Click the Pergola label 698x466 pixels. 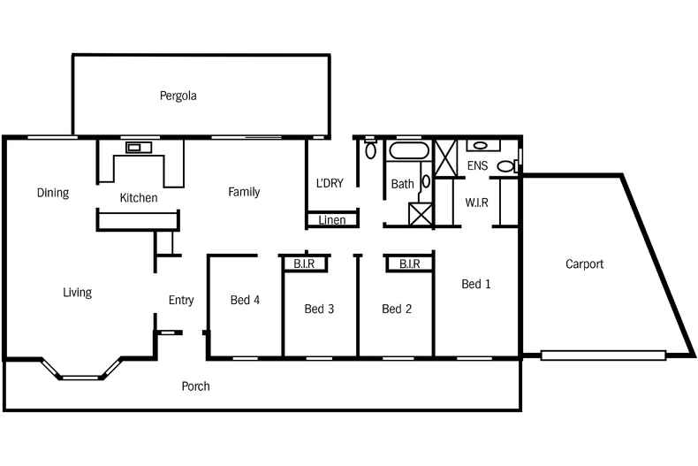click(x=178, y=95)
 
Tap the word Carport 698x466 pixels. click(x=584, y=264)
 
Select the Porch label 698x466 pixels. click(x=195, y=386)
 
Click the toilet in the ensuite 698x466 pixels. click(x=506, y=165)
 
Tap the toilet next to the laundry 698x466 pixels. click(x=370, y=149)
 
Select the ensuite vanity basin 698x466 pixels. click(x=478, y=145)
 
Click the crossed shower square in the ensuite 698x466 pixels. click(x=444, y=156)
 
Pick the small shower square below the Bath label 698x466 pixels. click(x=421, y=213)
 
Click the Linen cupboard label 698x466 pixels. click(x=332, y=220)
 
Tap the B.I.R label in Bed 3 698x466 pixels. click(x=305, y=264)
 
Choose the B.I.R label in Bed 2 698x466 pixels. click(x=408, y=264)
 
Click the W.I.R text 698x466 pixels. click(x=477, y=202)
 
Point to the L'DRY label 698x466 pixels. click(x=330, y=184)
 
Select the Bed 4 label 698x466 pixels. click(x=245, y=300)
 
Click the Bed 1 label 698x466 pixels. click(x=476, y=284)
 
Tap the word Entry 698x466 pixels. click(x=181, y=301)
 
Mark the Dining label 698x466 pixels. click(x=53, y=193)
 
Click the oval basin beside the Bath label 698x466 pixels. click(x=426, y=181)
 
